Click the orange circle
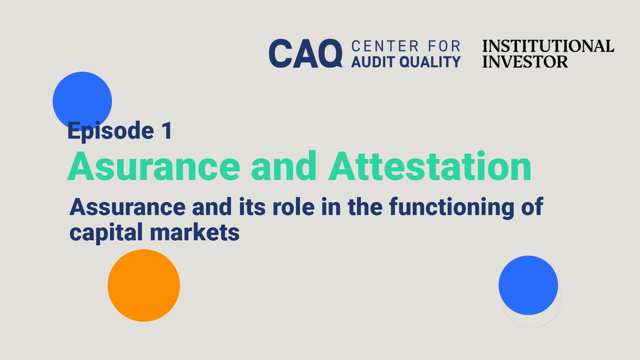144,285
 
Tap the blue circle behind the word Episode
82,101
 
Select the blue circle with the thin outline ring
528,285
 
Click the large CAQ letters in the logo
306,53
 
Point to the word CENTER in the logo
385,46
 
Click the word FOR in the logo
444,46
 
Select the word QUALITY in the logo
430,62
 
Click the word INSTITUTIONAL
548,46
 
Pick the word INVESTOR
525,62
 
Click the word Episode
111,131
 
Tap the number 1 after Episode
167,130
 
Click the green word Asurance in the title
154,166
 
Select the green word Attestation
430,166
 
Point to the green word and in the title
284,166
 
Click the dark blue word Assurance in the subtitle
127,207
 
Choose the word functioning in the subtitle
452,208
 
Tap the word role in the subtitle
293,207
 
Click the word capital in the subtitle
106,233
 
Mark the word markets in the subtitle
195,232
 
